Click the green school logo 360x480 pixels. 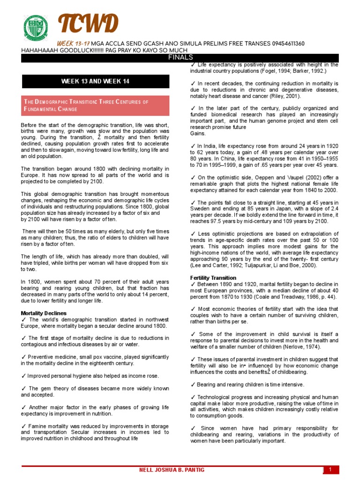[x=35, y=29]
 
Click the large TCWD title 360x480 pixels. [x=88, y=25]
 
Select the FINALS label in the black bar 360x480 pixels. [x=180, y=57]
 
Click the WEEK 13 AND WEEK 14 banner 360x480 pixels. [x=95, y=81]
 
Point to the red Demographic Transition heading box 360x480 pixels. [x=95, y=105]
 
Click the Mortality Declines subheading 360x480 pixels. [x=44, y=313]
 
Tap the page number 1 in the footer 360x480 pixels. [x=330, y=470]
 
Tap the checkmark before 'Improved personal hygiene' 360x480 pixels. [x=23, y=376]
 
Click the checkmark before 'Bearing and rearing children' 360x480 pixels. [x=193, y=384]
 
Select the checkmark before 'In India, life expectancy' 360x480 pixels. [x=193, y=146]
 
